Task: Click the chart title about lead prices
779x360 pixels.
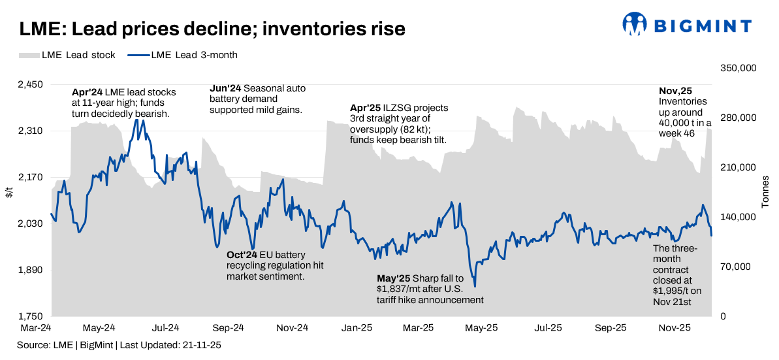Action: [x=212, y=29]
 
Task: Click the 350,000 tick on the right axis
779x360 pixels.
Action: [x=738, y=68]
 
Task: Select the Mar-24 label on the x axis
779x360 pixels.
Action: [x=37, y=327]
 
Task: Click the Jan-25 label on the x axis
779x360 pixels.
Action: [x=357, y=327]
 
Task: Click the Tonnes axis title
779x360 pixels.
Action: [x=766, y=192]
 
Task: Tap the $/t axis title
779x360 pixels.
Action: [x=8, y=192]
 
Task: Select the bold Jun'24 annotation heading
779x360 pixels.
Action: [x=225, y=88]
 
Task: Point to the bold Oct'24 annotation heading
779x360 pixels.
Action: [x=242, y=254]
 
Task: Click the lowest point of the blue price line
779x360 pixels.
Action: [x=475, y=286]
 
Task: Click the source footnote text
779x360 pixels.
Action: [x=119, y=345]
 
